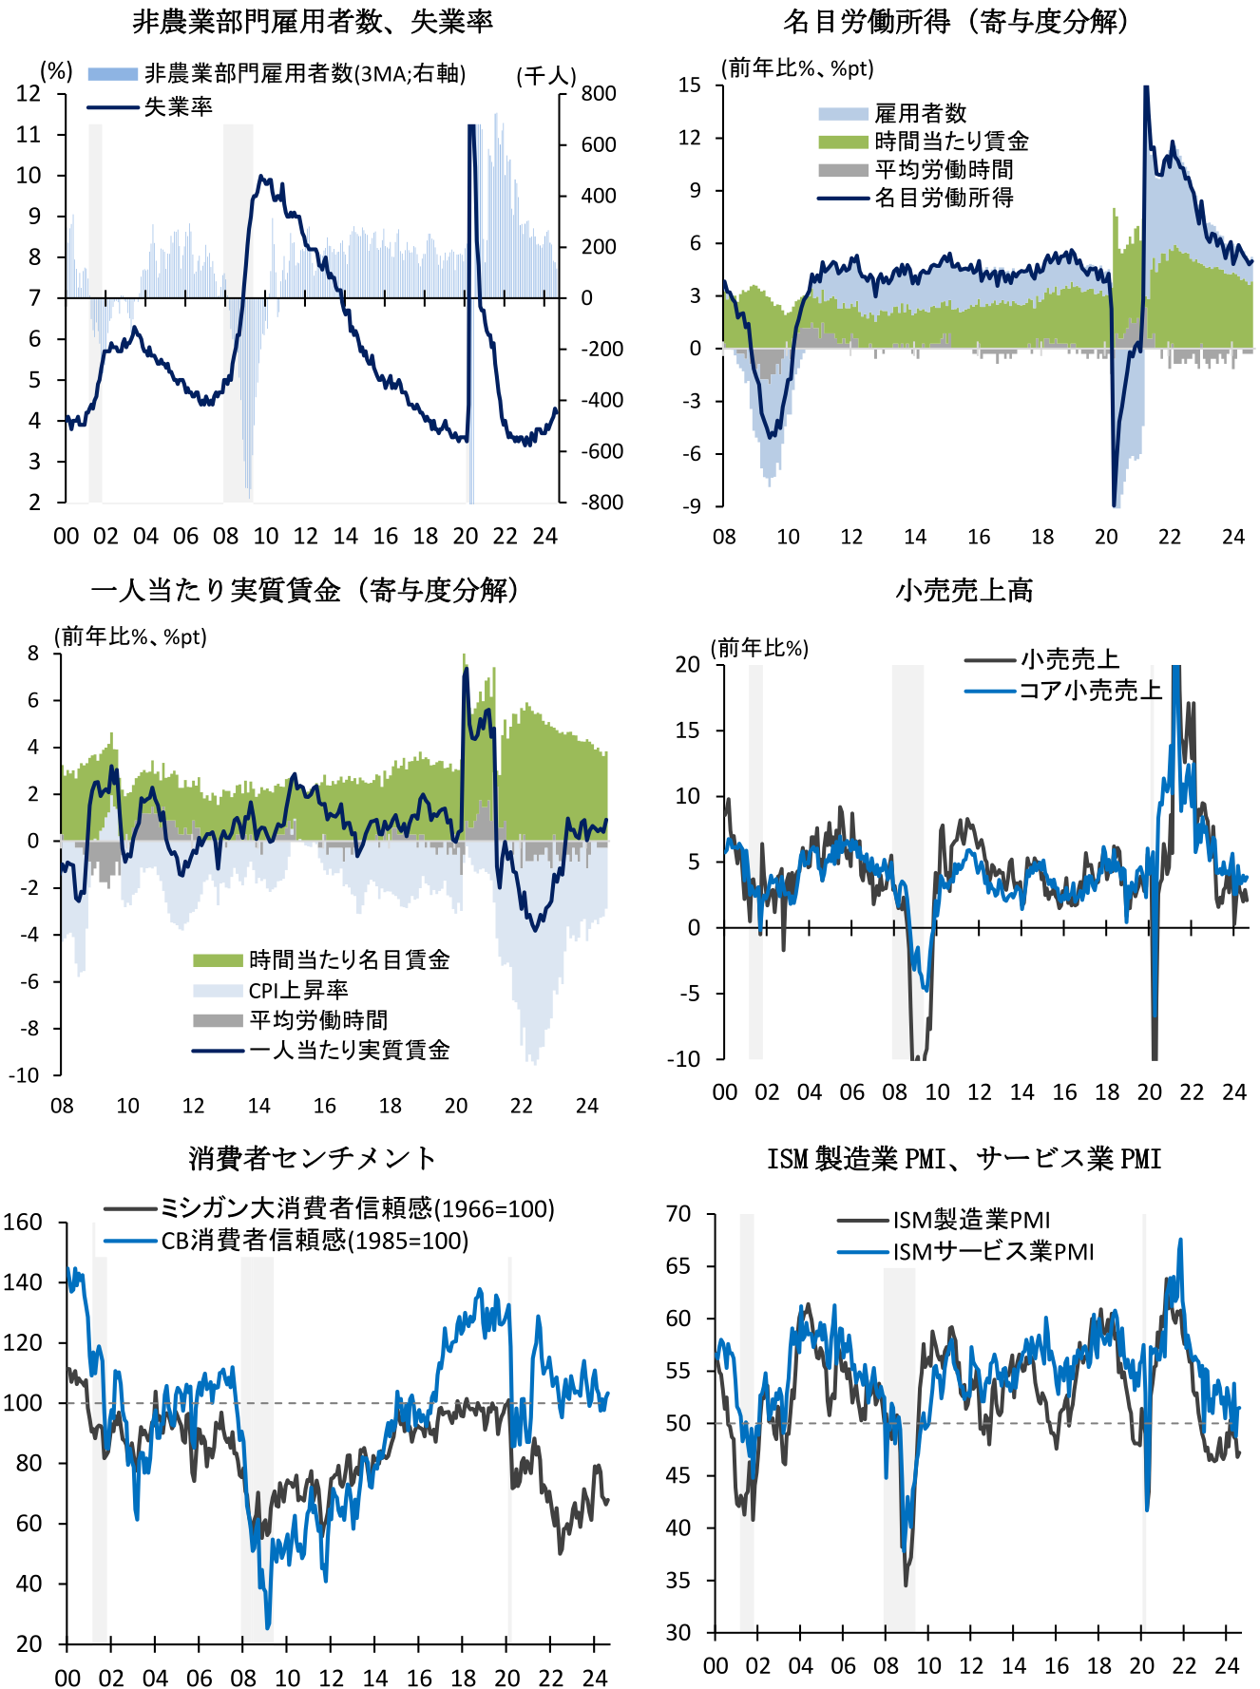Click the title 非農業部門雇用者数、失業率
313,21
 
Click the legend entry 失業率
179,106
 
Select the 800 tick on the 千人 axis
599,93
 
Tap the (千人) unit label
546,75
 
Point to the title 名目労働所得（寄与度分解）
957,21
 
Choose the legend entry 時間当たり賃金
952,142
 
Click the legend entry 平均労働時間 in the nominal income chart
944,170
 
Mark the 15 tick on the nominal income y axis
690,85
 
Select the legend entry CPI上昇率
298,990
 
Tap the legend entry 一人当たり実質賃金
350,1050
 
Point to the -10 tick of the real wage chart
25,1075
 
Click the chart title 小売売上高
964,590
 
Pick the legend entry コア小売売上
1091,691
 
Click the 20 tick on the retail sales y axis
688,664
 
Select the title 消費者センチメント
313,1158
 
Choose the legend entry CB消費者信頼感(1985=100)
315,1240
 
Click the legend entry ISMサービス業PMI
993,1251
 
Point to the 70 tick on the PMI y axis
678,1214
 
